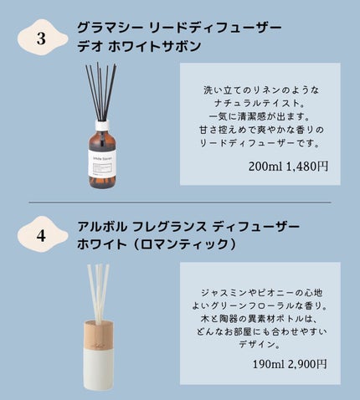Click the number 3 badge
pos(42,38)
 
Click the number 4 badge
pos(42,235)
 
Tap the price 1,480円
pos(307,167)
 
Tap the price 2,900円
pos(307,364)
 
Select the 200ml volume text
pos(266,167)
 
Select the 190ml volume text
pos(269,364)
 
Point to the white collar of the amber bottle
pos(102,126)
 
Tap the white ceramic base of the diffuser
pos(99,368)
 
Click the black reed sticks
pos(101,91)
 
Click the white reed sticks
pos(98,294)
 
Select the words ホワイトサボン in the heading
pos(154,46)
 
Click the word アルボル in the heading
pos(102,227)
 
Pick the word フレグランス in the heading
pos(169,227)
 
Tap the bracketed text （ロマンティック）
pos(184,244)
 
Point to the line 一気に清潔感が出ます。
pos(260,116)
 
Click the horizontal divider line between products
pos(180,202)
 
